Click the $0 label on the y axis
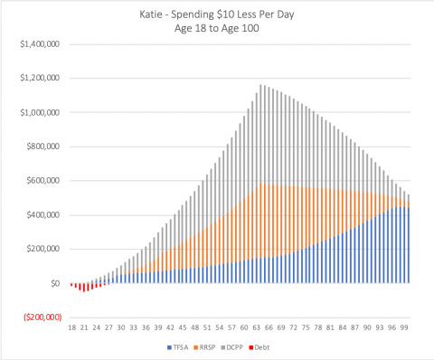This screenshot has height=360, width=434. [55, 284]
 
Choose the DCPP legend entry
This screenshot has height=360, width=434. [245, 346]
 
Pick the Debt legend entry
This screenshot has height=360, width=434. [276, 346]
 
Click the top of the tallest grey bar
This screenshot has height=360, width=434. [261, 86]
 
